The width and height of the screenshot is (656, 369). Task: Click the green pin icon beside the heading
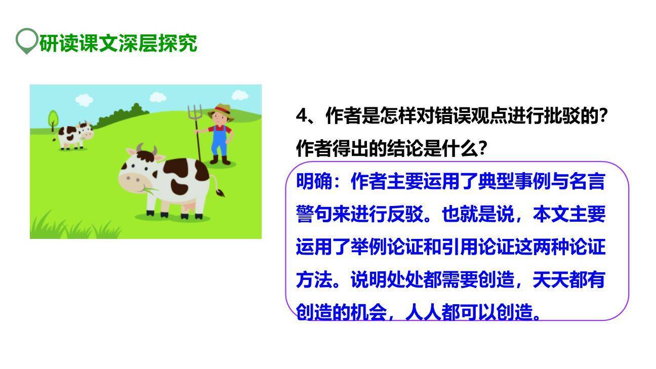click(x=26, y=40)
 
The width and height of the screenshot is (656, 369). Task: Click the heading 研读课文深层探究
click(x=118, y=44)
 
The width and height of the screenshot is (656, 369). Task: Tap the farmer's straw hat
click(x=222, y=111)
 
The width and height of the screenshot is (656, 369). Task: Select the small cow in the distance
click(x=75, y=135)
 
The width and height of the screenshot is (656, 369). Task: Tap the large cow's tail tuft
click(x=221, y=192)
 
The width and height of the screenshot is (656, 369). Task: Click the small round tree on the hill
click(x=53, y=119)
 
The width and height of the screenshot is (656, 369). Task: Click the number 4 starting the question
click(x=302, y=116)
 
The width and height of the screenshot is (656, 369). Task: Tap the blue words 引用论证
click(x=478, y=248)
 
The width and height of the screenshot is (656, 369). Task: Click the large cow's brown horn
click(x=154, y=150)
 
